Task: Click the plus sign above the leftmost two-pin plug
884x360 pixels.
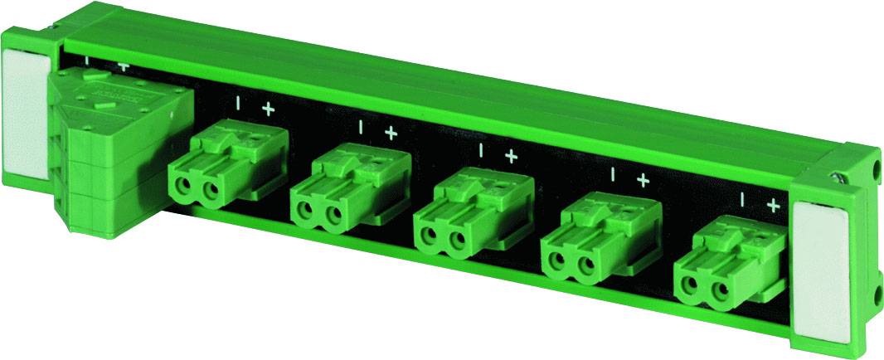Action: [268, 109]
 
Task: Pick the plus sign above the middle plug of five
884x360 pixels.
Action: [511, 155]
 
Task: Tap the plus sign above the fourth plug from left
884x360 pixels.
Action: [642, 179]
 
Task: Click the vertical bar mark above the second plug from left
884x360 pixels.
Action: [361, 128]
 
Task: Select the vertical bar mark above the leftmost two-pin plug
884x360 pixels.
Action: [239, 104]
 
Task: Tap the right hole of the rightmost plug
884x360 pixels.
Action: [717, 291]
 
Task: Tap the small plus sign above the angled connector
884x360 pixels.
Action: [124, 66]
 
